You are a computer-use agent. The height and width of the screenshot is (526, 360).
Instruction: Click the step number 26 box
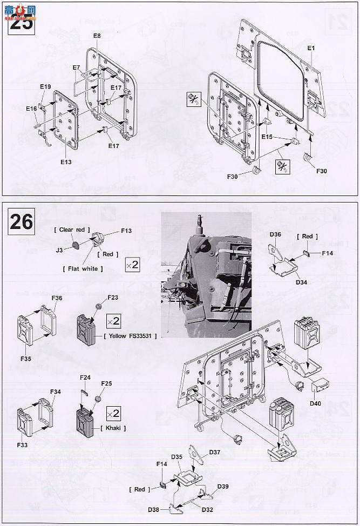pyautogui.click(x=21, y=221)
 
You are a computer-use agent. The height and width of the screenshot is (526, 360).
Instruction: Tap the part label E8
pyautogui.click(x=97, y=36)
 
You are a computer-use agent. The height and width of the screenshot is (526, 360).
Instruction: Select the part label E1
pyautogui.click(x=311, y=48)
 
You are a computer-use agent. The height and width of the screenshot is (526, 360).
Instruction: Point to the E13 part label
pyautogui.click(x=66, y=161)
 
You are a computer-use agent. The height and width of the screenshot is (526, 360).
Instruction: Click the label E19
pyautogui.click(x=45, y=86)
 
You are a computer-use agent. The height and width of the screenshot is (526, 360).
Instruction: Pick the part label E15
pyautogui.click(x=267, y=137)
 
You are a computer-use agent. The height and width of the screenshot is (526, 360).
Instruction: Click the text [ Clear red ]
pyautogui.click(x=72, y=230)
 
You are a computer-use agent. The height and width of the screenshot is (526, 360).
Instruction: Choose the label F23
pyautogui.click(x=113, y=297)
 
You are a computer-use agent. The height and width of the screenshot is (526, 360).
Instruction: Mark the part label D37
pyautogui.click(x=214, y=452)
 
